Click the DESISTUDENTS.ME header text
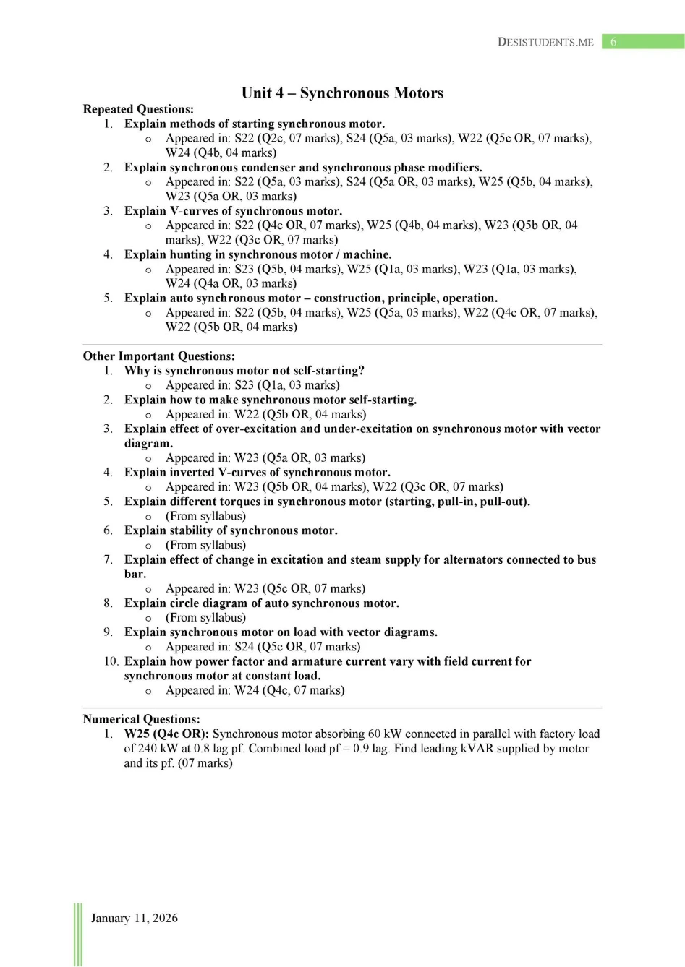(x=545, y=42)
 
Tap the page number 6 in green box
(x=613, y=42)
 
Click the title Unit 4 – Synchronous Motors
(x=342, y=93)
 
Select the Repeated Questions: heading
(x=138, y=109)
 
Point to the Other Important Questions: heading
(x=158, y=356)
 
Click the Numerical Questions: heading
(x=141, y=719)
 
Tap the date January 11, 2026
(x=134, y=918)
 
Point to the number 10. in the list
(x=111, y=661)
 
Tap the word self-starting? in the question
(x=328, y=371)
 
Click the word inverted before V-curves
(x=192, y=473)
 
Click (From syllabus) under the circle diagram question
(x=205, y=618)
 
